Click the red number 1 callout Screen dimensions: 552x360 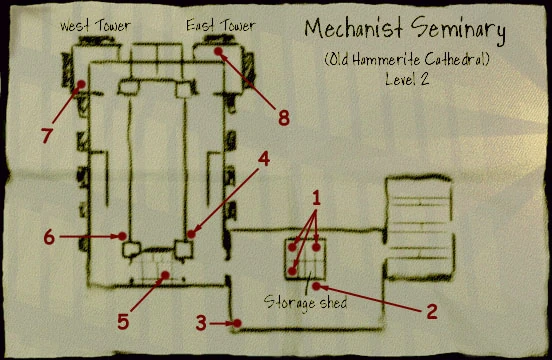317,198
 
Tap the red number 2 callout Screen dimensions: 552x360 431,311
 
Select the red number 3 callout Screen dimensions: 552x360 201,323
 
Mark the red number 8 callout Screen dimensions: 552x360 283,118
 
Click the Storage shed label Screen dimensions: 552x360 307,299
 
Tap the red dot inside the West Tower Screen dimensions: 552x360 80,84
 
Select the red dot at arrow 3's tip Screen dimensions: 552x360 237,322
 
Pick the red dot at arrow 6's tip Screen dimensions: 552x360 122,237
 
